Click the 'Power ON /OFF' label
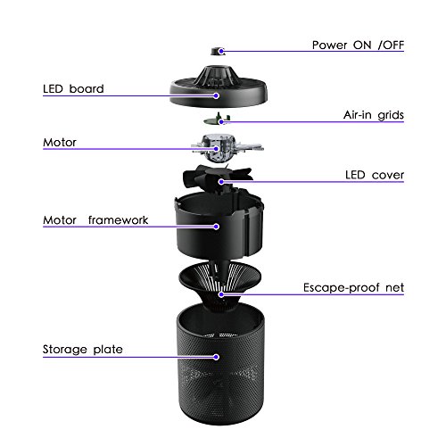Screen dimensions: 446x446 coord(358,45)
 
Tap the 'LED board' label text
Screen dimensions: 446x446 coord(73,89)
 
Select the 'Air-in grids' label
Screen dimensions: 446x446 coord(374,115)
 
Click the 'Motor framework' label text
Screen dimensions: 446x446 coord(95,220)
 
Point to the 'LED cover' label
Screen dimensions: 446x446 coord(375,175)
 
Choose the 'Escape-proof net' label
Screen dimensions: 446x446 coord(353,288)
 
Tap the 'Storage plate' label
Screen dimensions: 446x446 coord(83,350)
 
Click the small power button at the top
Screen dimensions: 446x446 coord(218,51)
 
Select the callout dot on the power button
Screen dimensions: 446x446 coord(221,51)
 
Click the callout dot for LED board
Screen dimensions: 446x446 coord(217,95)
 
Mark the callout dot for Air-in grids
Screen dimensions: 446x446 coord(221,121)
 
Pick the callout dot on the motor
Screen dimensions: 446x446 coord(217,149)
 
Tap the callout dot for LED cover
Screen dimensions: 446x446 coord(221,182)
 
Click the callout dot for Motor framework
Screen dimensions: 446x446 coord(217,227)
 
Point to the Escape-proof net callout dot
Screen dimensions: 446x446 coord(221,294)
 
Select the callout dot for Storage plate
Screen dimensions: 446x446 coord(217,357)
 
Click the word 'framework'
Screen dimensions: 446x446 coord(118,220)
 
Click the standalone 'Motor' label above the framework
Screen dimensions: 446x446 coord(60,143)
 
